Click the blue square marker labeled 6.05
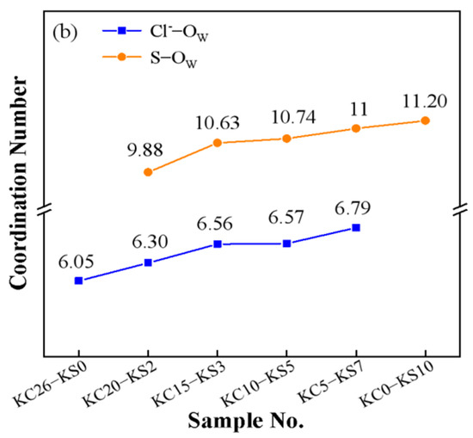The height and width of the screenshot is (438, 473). coord(78,281)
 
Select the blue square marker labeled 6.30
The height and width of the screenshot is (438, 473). coord(148,262)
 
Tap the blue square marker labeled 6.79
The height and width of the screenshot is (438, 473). coord(356,227)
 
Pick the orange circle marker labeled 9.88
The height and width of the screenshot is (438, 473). coord(148,172)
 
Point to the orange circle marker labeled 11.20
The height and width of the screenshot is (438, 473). coord(425,120)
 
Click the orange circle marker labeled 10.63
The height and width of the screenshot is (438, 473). coord(218,143)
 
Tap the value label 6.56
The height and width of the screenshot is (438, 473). coord(218,224)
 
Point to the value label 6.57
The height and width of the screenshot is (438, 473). coord(286,224)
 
